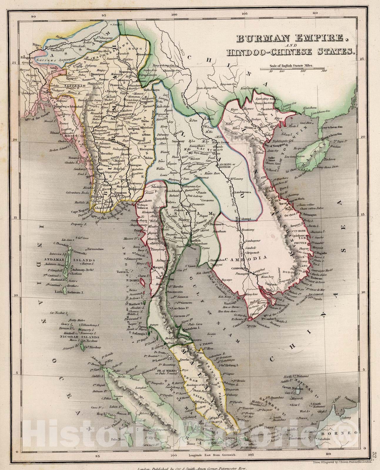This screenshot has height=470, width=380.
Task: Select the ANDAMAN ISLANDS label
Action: tap(69, 260)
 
